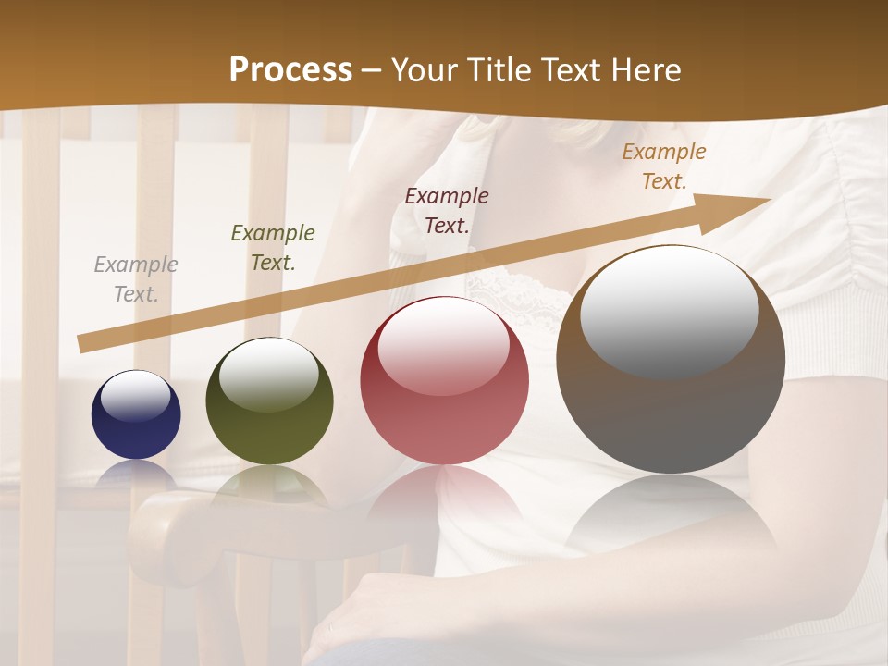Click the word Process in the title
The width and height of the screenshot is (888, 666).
point(290,70)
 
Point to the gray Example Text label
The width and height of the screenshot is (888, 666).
point(136,279)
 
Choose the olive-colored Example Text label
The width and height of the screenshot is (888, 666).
point(273,248)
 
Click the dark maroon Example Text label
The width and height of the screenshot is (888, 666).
point(447,210)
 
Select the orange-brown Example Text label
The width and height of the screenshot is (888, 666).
point(664,166)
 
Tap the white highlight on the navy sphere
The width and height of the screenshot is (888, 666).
point(136,396)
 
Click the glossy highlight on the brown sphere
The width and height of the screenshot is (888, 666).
point(670,313)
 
